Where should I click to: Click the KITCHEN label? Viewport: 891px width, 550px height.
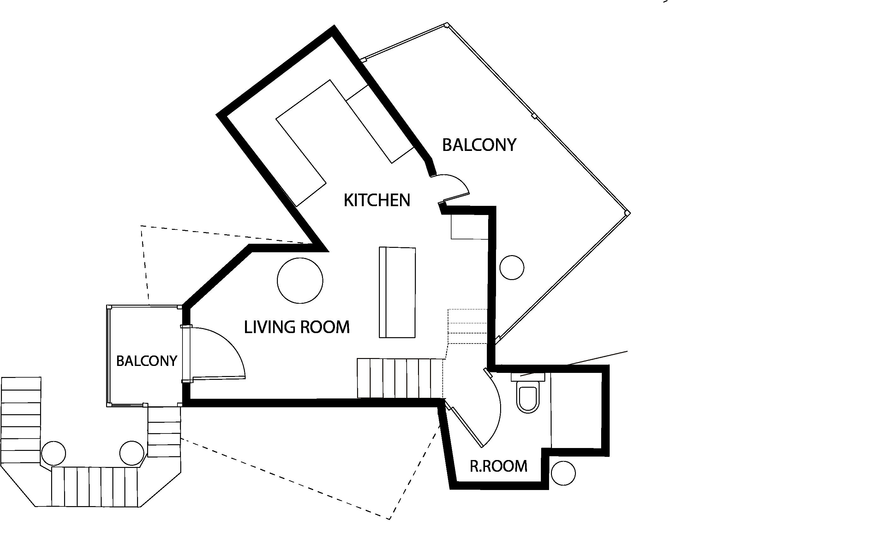pos(377,200)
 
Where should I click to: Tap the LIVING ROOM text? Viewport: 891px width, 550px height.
pos(296,327)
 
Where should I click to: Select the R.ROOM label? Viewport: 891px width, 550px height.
pos(498,466)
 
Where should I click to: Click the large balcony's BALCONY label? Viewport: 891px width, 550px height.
pos(479,145)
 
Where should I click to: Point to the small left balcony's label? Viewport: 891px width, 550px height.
pos(147,361)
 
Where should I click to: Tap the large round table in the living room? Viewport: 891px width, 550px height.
pos(300,280)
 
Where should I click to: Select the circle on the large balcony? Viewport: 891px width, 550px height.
pos(512,267)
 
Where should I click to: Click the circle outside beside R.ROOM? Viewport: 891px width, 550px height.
pos(563,473)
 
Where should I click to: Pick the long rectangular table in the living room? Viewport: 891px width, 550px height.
pos(397,292)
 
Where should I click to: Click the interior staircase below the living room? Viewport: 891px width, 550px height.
pos(400,378)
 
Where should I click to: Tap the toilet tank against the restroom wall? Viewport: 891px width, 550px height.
pos(528,377)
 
